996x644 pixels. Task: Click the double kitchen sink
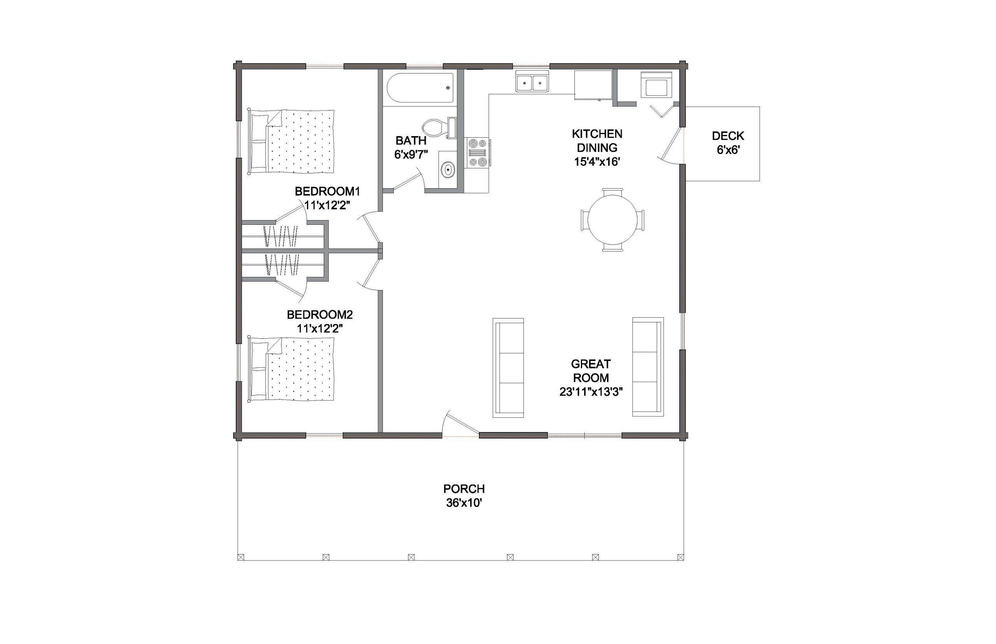[532, 81]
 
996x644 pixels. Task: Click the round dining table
[612, 220]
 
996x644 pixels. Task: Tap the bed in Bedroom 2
[291, 369]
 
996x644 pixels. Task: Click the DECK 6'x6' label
[728, 143]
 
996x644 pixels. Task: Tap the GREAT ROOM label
[591, 371]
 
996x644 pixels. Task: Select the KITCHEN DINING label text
[597, 141]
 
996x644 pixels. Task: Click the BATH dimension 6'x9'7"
[411, 155]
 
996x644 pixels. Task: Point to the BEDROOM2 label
[320, 314]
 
